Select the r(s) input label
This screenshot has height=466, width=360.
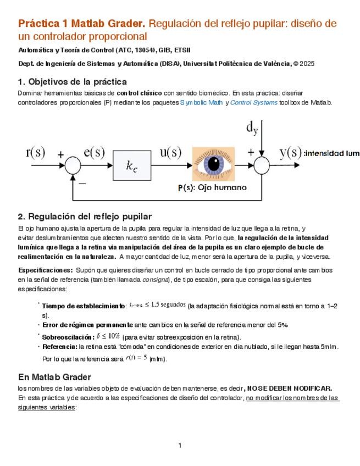[36, 152]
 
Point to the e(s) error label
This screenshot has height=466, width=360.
[94, 152]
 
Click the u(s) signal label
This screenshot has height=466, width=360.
[170, 152]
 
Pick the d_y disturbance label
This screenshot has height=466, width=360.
[252, 129]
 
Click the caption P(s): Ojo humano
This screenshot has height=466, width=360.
[212, 187]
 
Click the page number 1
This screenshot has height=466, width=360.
[180, 445]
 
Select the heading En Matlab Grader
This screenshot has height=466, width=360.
[54, 377]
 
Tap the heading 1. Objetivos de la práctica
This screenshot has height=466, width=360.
[73, 82]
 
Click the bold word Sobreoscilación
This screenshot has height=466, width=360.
[68, 337]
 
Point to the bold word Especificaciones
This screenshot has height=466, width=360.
[46, 270]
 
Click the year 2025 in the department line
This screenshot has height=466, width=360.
[307, 64]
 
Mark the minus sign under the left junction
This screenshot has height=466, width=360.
[82, 183]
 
